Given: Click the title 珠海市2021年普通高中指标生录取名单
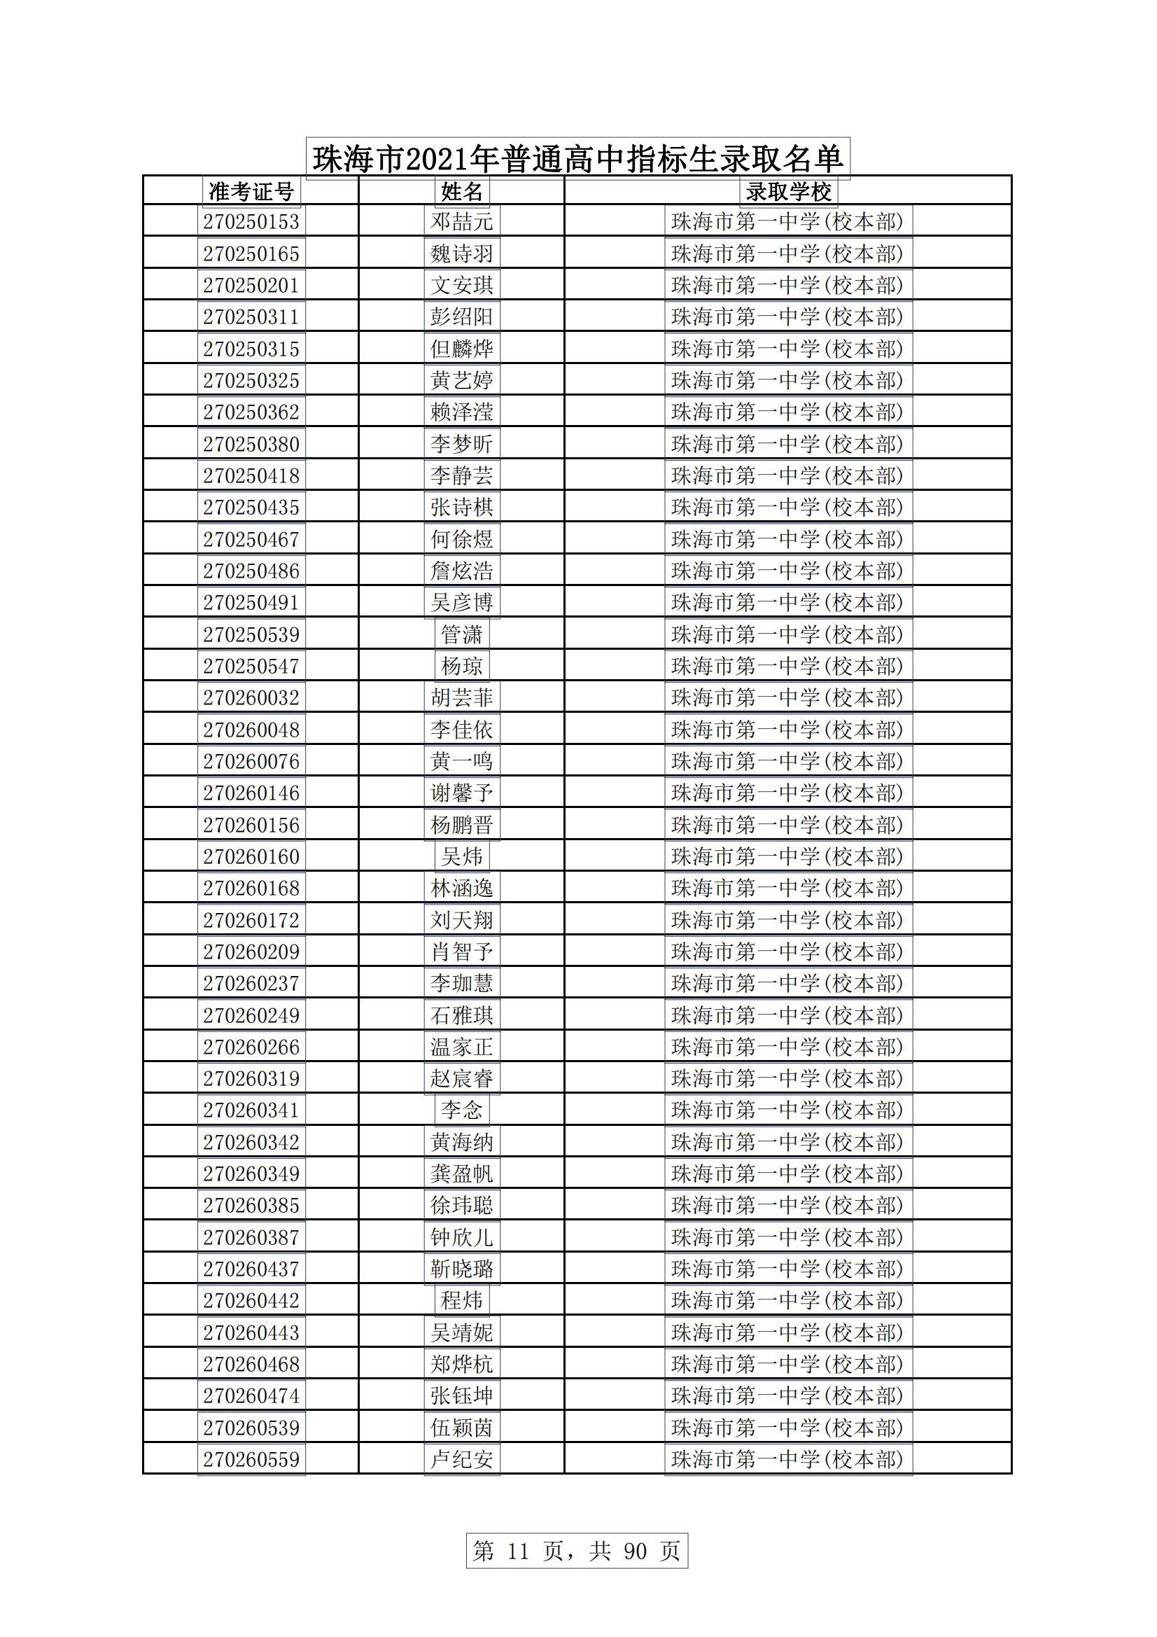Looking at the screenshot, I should [577, 158].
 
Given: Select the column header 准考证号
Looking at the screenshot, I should [251, 191].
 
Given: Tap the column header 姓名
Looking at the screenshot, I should [461, 191].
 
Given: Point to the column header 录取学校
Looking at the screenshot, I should [787, 191].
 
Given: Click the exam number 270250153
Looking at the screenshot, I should [251, 222].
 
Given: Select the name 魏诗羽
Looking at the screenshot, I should [461, 254].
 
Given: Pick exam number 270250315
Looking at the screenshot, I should [251, 349].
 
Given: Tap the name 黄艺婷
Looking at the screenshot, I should [461, 380].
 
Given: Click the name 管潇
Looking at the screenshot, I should [461, 634].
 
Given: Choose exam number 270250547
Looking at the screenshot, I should [251, 666].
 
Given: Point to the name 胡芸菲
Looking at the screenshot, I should [461, 697].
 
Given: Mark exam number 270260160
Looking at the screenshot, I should [251, 856].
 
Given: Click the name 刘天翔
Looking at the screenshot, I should [461, 920].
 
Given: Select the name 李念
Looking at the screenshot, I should [461, 1110].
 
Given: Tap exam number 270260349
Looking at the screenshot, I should [251, 1173].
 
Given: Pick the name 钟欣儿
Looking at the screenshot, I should [461, 1237].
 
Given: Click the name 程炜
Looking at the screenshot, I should [461, 1300].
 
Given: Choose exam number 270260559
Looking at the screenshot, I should [251, 1459].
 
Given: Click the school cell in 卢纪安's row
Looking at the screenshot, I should [787, 1459].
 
